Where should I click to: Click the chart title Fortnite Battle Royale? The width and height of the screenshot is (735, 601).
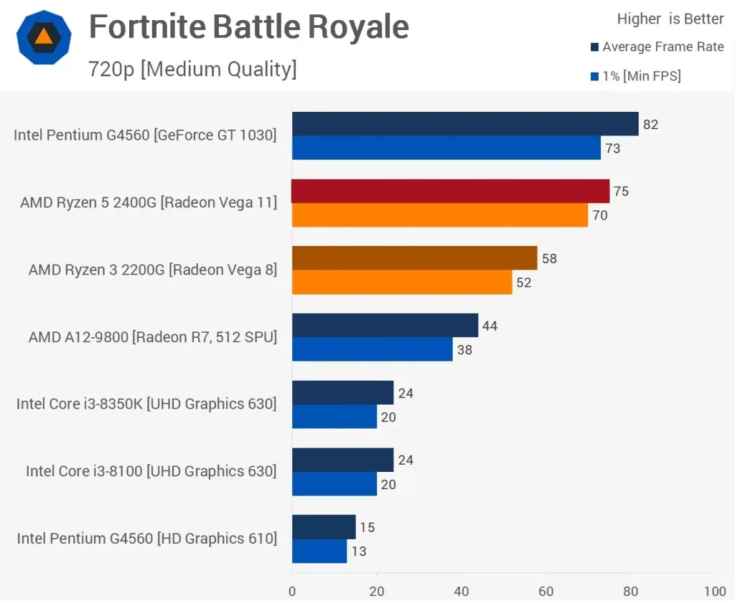click(x=248, y=27)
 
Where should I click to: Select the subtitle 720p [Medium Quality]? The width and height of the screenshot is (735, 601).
click(x=192, y=69)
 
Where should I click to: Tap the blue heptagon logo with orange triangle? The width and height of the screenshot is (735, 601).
click(x=44, y=37)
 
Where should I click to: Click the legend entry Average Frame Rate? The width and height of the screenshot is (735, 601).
click(x=663, y=47)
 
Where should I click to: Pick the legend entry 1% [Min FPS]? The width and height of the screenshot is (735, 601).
click(x=641, y=76)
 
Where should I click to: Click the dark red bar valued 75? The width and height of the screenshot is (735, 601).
click(x=450, y=191)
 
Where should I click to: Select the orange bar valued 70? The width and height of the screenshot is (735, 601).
click(x=439, y=215)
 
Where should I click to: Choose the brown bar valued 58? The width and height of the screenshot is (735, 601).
click(x=414, y=258)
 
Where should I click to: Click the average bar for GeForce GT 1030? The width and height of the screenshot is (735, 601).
click(x=464, y=124)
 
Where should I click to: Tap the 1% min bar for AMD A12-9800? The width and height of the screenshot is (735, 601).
click(x=372, y=349)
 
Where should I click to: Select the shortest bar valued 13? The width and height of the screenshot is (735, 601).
click(x=319, y=551)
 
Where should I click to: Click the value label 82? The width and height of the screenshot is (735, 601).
click(x=650, y=125)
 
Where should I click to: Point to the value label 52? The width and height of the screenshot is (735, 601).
click(x=524, y=283)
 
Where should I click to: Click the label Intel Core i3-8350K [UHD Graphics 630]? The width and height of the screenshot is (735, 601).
click(x=146, y=404)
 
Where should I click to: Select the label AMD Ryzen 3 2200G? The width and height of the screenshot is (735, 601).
click(x=152, y=270)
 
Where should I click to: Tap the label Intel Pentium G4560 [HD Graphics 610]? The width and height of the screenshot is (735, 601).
click(x=146, y=539)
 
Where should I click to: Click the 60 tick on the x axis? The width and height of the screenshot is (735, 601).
click(x=546, y=592)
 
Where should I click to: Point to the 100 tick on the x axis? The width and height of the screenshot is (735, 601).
click(x=715, y=592)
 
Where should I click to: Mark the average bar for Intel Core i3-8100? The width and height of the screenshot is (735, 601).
click(x=342, y=460)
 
